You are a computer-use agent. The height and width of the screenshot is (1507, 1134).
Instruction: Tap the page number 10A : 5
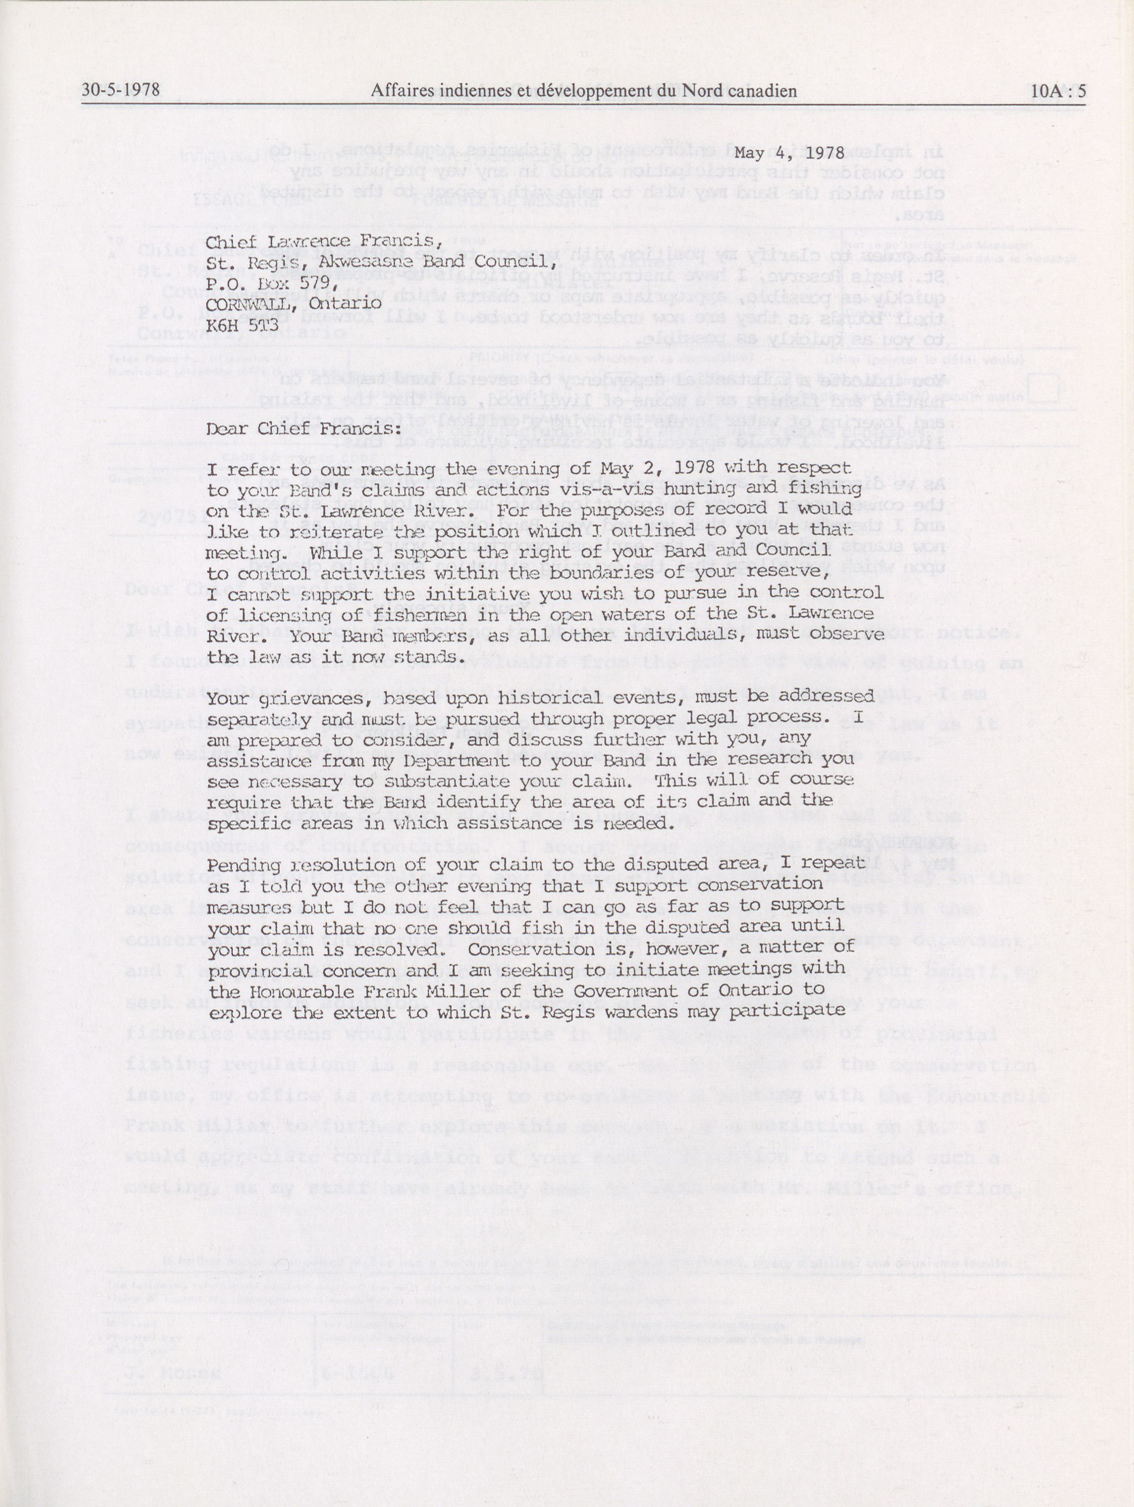[1058, 91]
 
